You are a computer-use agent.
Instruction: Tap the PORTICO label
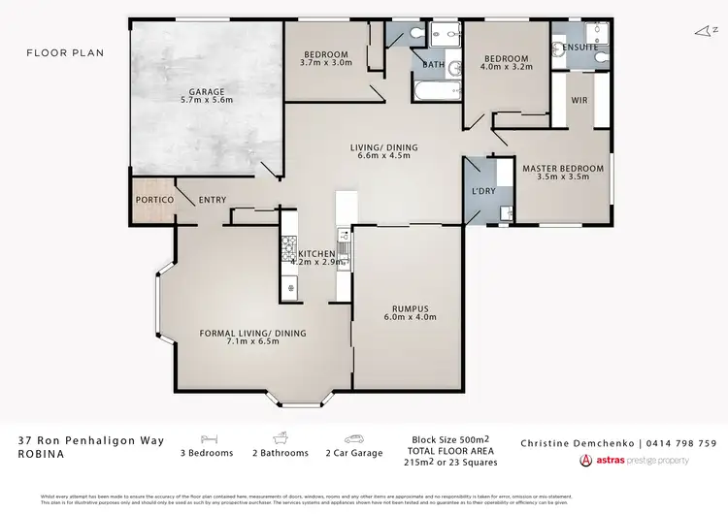pos(153,200)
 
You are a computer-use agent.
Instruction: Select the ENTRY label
pos(213,200)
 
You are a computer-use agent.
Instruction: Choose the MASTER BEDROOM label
pos(563,169)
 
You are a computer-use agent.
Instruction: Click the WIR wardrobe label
pos(579,100)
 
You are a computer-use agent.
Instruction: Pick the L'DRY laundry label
pos(483,190)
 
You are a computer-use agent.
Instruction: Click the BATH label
pos(433,65)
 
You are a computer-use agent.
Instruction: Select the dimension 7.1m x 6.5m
pos(252,342)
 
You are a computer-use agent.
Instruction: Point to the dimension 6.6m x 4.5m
pos(384,158)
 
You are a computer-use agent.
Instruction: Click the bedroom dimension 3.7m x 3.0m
pos(326,64)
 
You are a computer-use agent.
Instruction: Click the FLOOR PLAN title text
pos(65,52)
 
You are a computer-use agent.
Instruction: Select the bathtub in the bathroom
pos(435,93)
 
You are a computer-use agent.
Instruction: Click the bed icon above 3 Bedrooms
pos(207,438)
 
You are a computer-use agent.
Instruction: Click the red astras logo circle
pos(586,461)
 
